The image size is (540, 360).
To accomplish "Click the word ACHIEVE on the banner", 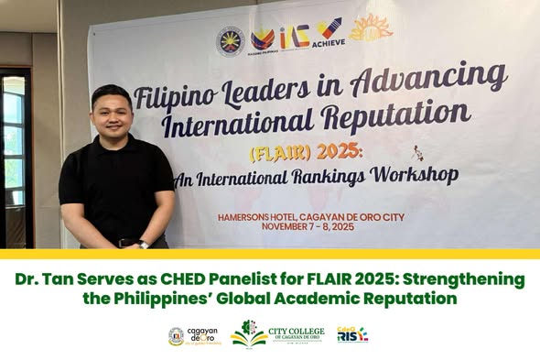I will (329, 42).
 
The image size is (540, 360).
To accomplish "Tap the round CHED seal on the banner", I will (231, 40).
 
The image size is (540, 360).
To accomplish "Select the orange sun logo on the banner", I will (371, 27).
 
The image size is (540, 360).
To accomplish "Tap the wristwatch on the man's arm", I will (144, 244).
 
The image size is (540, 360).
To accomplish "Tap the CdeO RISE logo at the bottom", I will (352, 335).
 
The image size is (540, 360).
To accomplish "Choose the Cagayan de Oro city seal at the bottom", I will (176, 336).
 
